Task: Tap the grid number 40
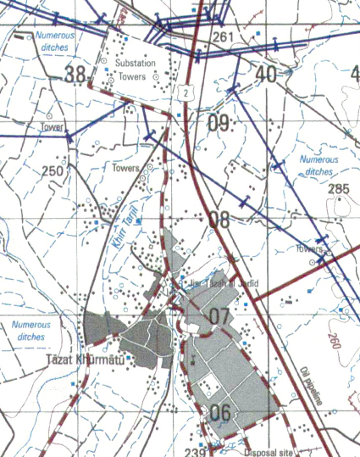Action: click(265, 75)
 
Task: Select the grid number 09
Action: click(219, 123)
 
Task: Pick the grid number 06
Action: click(219, 413)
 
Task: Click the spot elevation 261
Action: click(223, 37)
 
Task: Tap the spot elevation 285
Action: click(339, 188)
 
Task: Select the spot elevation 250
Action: click(53, 171)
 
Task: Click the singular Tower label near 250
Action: click(51, 127)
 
